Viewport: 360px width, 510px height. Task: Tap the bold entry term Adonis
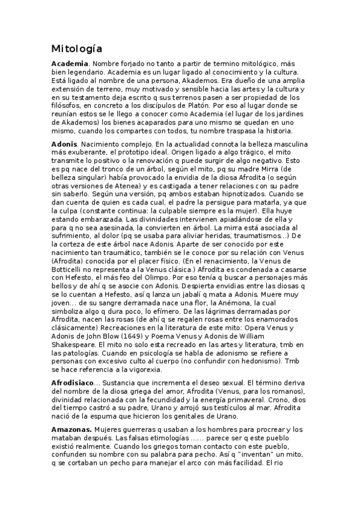[x=64, y=145]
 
